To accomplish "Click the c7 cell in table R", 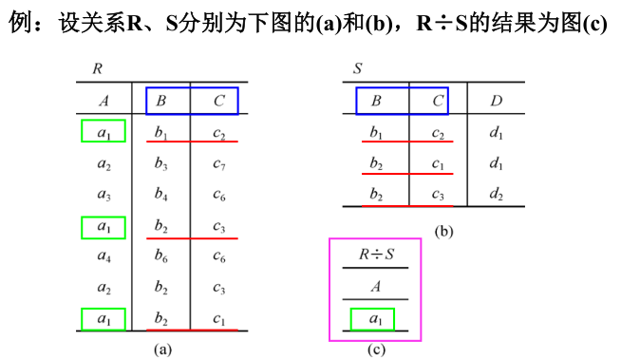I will tap(219, 165).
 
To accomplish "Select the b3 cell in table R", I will tap(161, 165).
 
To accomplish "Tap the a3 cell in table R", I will tap(103, 196).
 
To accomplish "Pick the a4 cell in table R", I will tap(103, 257).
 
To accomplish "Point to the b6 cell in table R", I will tap(161, 257).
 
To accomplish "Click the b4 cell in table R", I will tap(161, 196).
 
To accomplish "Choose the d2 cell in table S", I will tap(496, 195).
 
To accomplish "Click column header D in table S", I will tap(496, 101).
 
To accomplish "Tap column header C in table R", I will tap(219, 101).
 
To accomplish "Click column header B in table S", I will tap(376, 101).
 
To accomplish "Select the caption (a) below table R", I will tap(162, 349).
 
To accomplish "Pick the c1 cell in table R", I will tap(219, 319).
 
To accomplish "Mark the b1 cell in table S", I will tap(376, 133).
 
